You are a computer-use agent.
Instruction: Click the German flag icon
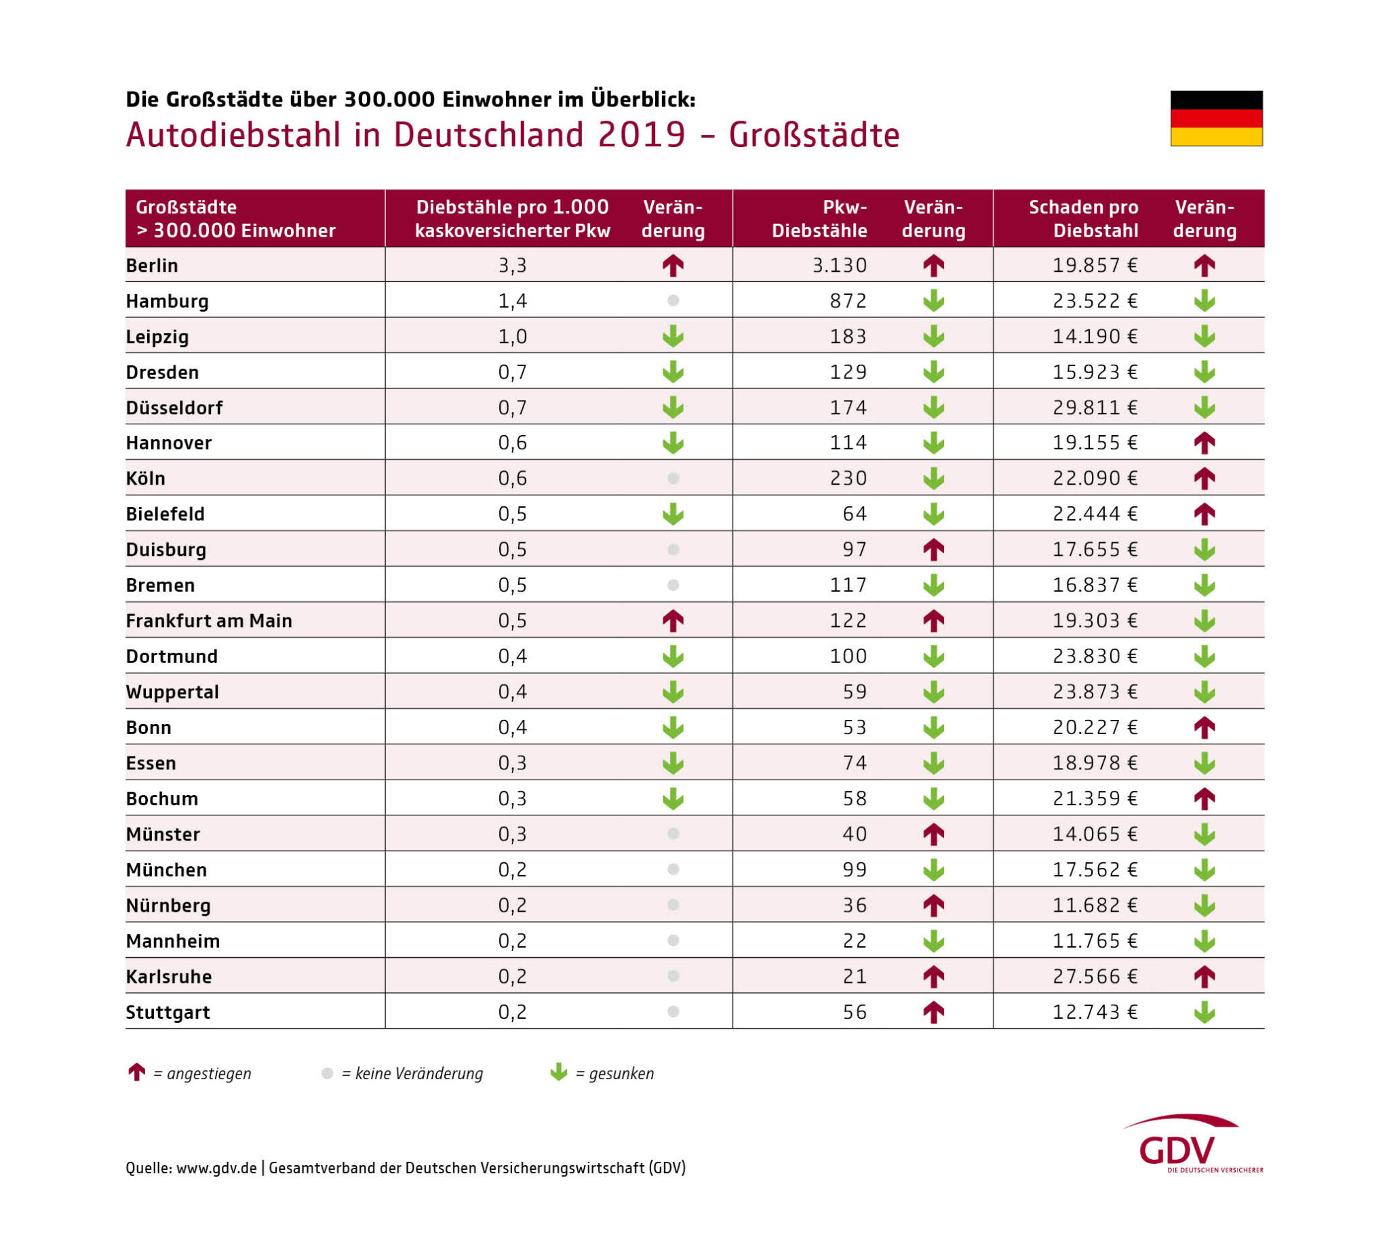coord(1216,118)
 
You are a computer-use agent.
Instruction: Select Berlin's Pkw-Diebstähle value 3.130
coord(839,265)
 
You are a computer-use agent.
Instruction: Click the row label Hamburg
coord(167,301)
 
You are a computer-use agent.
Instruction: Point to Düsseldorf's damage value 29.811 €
coord(1095,407)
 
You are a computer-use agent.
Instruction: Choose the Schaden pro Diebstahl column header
coord(1083,218)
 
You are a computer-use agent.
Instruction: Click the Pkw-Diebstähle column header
coord(819,218)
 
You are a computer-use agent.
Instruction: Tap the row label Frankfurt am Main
coord(209,621)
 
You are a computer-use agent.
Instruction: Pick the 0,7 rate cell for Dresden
coord(512,372)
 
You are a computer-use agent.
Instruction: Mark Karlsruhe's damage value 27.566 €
coord(1095,976)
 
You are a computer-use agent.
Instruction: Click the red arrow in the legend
coord(136,1072)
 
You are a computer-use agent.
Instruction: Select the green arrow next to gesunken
coord(559,1072)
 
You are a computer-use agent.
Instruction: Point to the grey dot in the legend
coord(327,1073)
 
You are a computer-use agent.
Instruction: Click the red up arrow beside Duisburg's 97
coord(934,550)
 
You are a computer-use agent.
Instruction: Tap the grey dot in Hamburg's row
coord(673,300)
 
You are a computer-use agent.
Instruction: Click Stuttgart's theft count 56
coord(854,1012)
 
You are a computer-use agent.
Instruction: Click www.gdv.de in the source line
coord(216,1168)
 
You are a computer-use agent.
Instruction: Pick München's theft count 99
coord(854,870)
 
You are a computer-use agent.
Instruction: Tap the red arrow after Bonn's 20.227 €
coord(1204,727)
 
